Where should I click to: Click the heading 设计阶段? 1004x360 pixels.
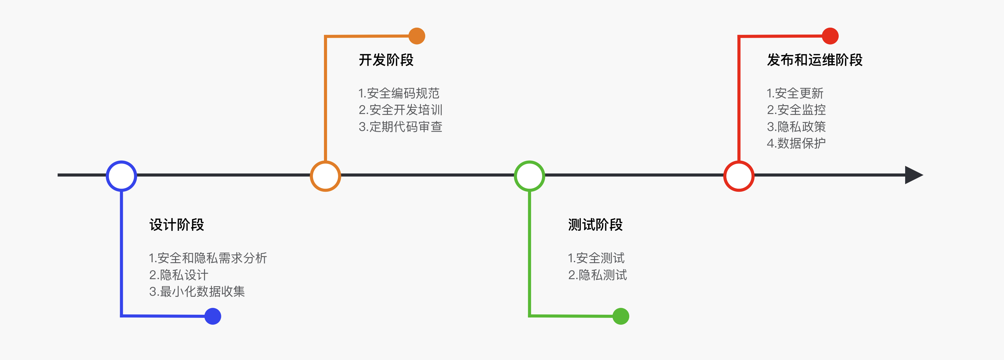point(177,225)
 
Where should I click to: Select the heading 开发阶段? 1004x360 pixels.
point(386,60)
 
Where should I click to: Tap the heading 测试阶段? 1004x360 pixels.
point(595,225)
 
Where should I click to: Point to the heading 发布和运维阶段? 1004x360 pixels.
point(815,60)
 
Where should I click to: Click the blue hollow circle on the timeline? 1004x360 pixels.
point(122,176)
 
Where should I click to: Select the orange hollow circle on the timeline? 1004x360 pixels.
point(325,176)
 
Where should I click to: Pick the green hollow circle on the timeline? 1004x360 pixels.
point(529,176)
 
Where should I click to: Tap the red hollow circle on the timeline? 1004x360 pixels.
point(738,176)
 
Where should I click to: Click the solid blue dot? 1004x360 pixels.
point(213,316)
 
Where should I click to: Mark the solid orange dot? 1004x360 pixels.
point(417,36)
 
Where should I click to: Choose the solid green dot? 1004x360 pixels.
point(621,316)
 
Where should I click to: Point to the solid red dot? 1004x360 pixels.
point(830,36)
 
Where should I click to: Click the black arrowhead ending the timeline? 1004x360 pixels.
point(913,175)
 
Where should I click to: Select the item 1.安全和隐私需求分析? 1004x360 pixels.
point(208,258)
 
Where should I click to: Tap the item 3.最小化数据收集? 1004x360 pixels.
point(197,292)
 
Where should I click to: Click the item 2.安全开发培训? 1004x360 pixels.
point(400,110)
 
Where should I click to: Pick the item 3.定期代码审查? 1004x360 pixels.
point(400,127)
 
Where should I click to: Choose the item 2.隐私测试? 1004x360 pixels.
point(597,275)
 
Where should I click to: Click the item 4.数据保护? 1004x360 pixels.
point(796,143)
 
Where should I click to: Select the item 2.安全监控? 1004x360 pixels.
point(796,110)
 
